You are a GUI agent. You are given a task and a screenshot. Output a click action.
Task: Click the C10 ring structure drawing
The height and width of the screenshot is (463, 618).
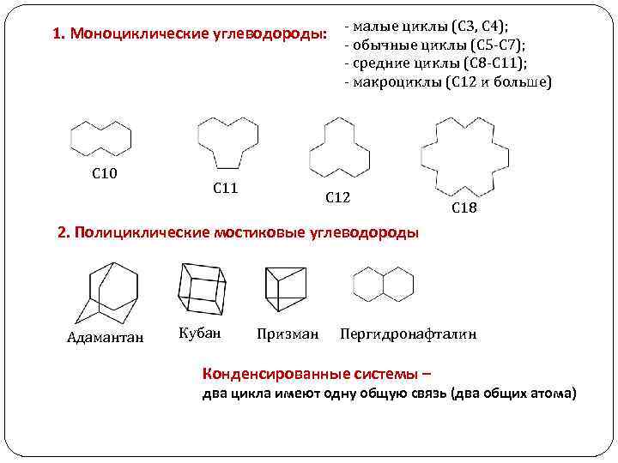(x=100, y=139)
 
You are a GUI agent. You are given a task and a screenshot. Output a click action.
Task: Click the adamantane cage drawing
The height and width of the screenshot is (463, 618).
(x=106, y=291)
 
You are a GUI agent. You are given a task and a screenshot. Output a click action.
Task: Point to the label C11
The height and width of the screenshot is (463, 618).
(x=225, y=188)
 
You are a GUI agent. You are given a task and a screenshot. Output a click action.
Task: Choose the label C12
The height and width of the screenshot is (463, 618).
(x=337, y=198)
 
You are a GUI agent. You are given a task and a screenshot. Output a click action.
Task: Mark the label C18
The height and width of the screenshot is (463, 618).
(x=463, y=208)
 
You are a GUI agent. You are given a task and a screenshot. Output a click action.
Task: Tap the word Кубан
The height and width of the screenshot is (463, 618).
(x=200, y=332)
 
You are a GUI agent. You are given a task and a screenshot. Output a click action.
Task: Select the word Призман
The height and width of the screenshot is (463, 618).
(x=288, y=333)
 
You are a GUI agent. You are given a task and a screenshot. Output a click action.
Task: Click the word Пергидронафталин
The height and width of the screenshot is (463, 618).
(x=408, y=333)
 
